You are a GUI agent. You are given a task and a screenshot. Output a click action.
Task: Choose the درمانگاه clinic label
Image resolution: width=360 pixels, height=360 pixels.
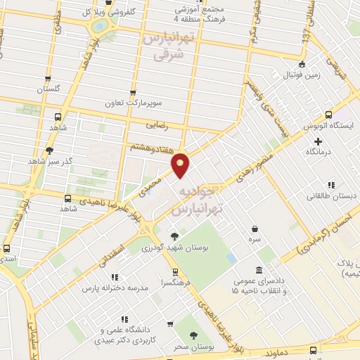point(318,152)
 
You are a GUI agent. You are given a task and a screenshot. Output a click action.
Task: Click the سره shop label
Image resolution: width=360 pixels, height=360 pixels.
point(254,239)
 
